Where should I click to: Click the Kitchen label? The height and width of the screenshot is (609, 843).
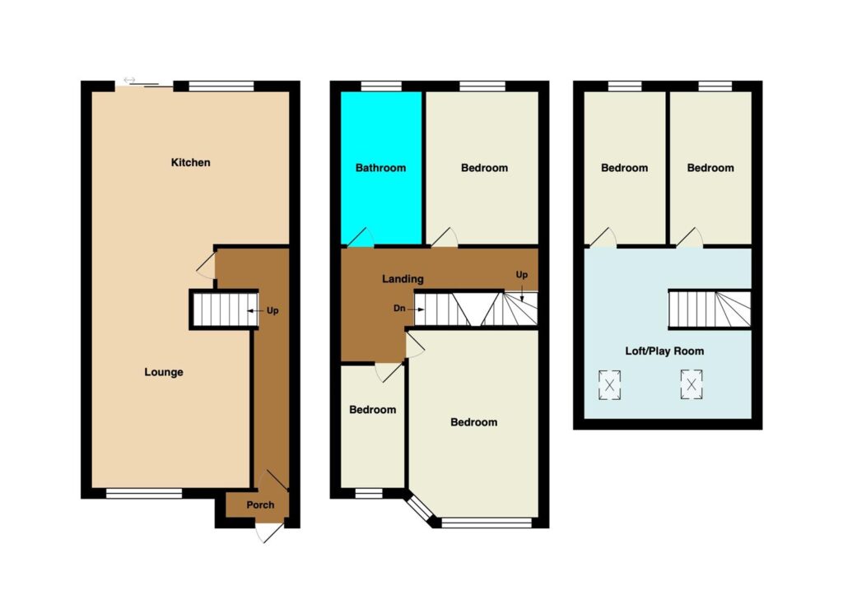(190, 162)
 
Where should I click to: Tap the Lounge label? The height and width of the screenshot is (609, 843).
(164, 372)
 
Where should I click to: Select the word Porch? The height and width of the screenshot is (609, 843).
(260, 504)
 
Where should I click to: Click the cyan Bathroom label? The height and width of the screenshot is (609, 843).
(380, 168)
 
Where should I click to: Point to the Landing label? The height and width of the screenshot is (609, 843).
(403, 279)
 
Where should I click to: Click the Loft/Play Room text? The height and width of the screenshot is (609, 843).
(664, 351)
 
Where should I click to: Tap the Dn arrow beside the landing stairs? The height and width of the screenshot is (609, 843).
(416, 309)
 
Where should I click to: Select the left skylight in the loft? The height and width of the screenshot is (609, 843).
(610, 385)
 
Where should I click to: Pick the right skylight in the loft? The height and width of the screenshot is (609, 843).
(692, 384)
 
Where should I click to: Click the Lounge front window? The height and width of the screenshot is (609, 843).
(144, 494)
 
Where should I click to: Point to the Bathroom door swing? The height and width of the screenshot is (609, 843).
(359, 238)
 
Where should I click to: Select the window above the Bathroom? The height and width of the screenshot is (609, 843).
(381, 86)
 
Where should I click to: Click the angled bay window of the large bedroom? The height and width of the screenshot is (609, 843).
(419, 509)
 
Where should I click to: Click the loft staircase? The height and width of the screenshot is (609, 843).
(710, 309)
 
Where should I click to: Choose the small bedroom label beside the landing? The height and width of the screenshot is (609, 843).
(373, 410)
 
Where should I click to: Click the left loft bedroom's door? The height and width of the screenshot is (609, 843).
(603, 238)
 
